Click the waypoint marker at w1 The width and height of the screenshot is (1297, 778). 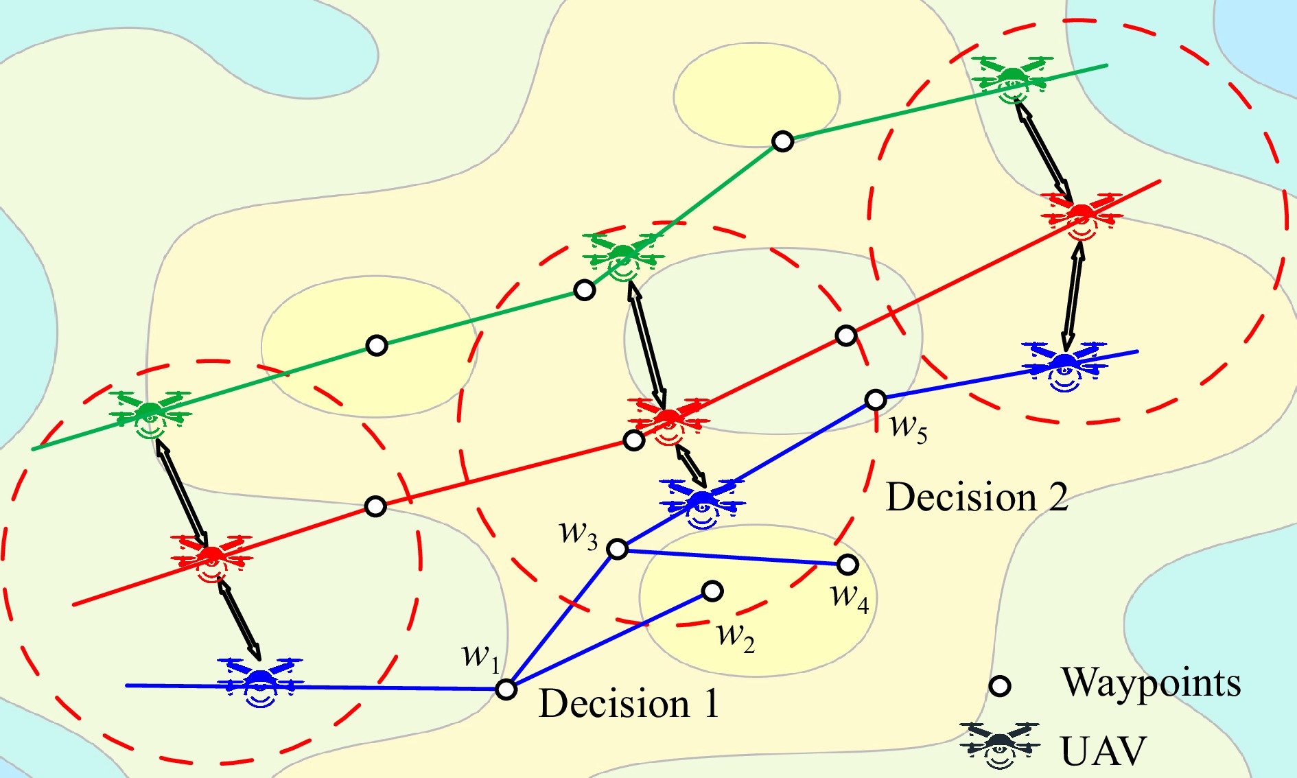coord(506,689)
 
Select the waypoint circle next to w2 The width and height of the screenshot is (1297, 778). coord(712,591)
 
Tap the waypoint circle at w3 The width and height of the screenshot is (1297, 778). coord(618,549)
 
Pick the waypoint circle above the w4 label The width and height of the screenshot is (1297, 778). coord(848,565)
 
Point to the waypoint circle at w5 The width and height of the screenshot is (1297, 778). coord(876,399)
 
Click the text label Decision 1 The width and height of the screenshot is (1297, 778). coord(629,704)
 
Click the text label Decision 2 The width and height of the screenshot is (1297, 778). coord(977,497)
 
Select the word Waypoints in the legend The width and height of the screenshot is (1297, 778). coord(1152,683)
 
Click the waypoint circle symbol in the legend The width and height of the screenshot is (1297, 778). coord(1001,686)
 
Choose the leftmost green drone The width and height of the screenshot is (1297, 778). coord(150,415)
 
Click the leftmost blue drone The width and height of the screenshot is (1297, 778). coord(260,682)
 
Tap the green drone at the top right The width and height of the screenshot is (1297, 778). coord(1012,80)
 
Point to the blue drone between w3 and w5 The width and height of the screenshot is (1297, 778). coord(702,504)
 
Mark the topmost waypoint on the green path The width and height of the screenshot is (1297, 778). coord(782,141)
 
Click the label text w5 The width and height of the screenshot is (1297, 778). coord(909,428)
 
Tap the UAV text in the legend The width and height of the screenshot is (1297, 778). coord(1103,751)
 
